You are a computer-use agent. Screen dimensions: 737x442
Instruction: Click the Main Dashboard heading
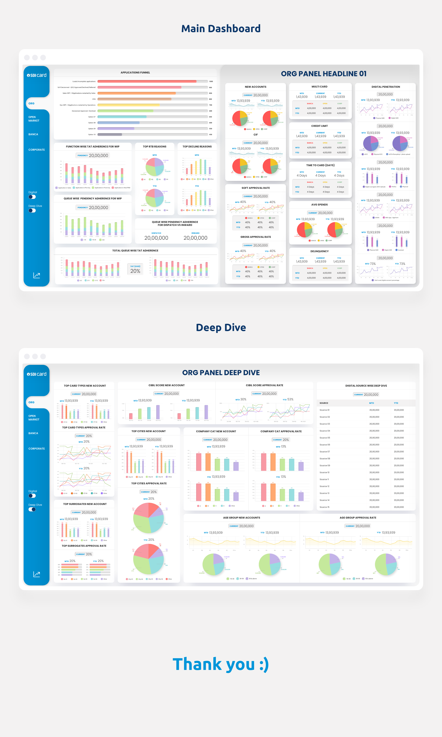point(221,29)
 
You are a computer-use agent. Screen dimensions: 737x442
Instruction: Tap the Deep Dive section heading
point(221,327)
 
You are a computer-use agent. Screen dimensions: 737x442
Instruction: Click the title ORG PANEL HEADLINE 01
point(324,74)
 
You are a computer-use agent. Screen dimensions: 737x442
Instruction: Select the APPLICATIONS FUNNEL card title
point(135,73)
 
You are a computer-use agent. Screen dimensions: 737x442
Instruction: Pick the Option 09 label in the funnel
point(92,129)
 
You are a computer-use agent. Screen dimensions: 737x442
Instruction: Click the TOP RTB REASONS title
point(155,147)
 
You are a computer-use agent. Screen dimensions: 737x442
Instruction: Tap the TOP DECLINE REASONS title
point(197,147)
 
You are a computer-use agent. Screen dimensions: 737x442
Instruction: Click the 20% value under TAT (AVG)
point(135,271)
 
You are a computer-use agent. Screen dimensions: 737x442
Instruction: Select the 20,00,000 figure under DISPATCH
point(156,238)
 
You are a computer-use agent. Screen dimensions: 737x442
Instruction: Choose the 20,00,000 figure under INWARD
point(195,238)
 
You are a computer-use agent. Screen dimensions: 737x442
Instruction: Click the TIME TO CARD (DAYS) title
point(320,165)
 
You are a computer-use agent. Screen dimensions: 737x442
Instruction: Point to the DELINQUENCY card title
point(319,251)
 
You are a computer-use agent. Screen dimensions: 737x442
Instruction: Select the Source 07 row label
point(325,451)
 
